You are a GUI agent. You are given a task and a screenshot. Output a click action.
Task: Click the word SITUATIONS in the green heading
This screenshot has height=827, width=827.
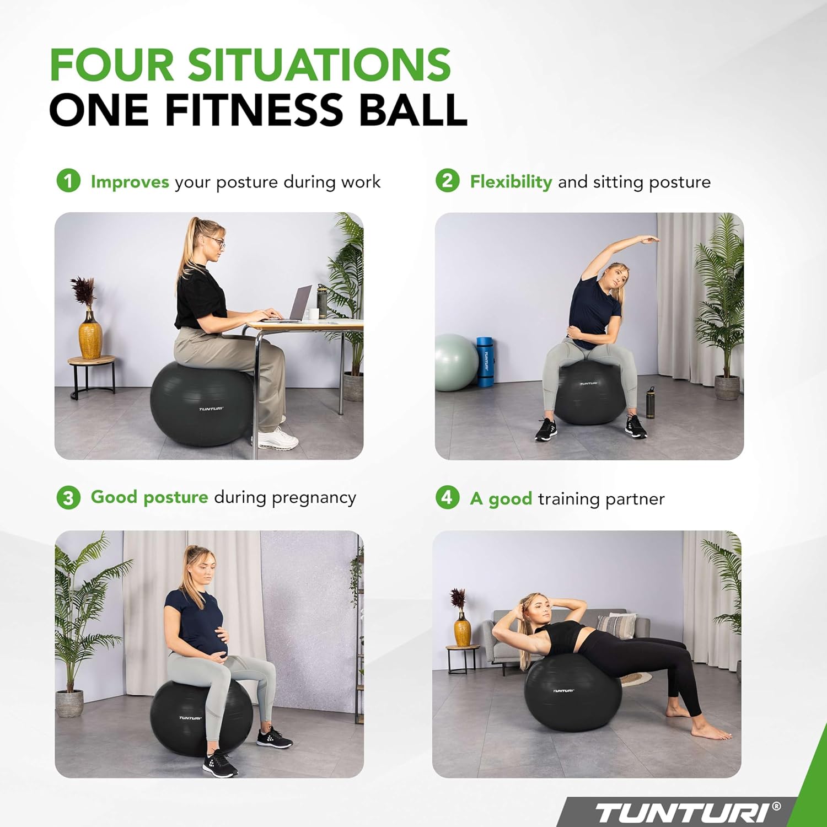point(319,65)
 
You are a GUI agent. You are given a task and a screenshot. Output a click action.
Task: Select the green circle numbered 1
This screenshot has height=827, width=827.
point(68,181)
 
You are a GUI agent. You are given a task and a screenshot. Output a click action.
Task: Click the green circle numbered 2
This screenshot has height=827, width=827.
point(447,181)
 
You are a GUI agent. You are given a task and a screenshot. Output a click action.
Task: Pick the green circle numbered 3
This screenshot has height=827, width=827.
point(68,497)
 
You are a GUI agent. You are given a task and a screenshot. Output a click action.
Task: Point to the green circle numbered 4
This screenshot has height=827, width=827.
point(447,497)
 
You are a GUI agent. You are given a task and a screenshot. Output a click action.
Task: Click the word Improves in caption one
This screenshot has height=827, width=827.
point(130,182)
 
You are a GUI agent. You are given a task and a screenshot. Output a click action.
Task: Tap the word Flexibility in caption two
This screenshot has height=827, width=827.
point(511,182)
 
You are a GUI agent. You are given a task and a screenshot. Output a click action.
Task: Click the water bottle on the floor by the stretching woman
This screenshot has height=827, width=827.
point(651,403)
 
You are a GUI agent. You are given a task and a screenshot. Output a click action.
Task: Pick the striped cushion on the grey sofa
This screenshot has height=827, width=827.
point(616,626)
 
